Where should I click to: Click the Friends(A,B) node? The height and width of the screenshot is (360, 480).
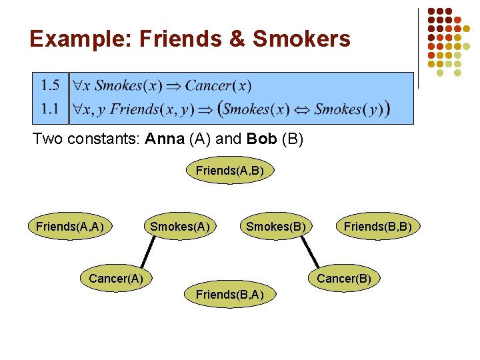tap(230, 171)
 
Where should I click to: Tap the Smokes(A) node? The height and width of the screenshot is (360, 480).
tap(180, 227)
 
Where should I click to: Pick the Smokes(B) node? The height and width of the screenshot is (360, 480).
tap(276, 227)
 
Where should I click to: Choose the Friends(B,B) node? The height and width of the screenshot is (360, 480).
tap(377, 227)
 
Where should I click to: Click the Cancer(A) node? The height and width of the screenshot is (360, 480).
tap(116, 278)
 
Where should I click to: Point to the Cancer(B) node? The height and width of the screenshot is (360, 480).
tap(344, 278)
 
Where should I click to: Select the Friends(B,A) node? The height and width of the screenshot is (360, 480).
tap(229, 295)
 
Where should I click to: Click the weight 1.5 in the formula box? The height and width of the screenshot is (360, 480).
tap(50, 85)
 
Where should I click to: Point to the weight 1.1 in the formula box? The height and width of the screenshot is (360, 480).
tap(50, 109)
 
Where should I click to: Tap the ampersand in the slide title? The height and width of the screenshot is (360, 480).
tap(238, 39)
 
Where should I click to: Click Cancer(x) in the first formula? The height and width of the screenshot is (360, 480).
tap(218, 86)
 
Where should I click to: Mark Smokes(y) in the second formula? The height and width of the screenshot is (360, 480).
tap(349, 109)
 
